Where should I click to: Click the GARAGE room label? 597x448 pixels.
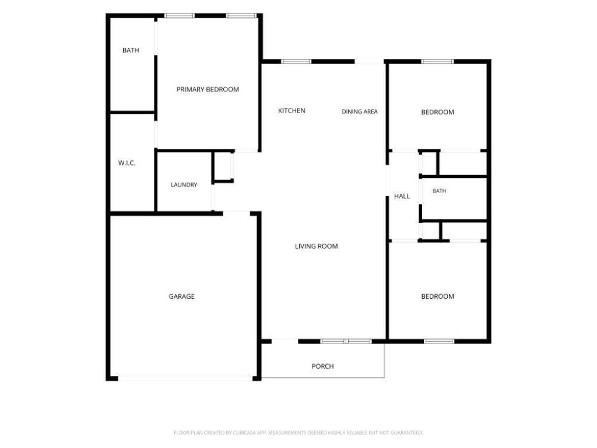coord(182,296)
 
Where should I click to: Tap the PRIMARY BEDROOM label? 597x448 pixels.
coord(208,89)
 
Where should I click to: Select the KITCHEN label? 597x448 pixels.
coord(292,111)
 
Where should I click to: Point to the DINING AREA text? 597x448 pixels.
coord(359,111)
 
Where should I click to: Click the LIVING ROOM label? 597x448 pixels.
coord(317,247)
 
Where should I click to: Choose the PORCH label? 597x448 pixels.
coord(322,366)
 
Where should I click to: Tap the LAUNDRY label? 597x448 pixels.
coord(184,185)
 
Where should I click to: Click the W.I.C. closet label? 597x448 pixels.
coord(127,163)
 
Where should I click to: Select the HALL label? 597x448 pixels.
coord(402,197)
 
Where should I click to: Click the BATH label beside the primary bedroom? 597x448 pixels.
coord(131,50)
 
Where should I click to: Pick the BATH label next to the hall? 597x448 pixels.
coord(439,191)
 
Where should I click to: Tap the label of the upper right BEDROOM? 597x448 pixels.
coord(437,113)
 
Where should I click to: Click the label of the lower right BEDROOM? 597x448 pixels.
coord(437,296)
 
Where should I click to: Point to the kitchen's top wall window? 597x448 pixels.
coord(296,61)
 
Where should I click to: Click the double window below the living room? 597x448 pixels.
coord(346,341)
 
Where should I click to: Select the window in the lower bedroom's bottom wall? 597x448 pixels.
coord(439,341)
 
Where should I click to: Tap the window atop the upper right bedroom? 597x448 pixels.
coord(437,61)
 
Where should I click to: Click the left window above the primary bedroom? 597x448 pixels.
coord(180,16)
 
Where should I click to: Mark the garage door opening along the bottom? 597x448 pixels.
coord(185,378)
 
